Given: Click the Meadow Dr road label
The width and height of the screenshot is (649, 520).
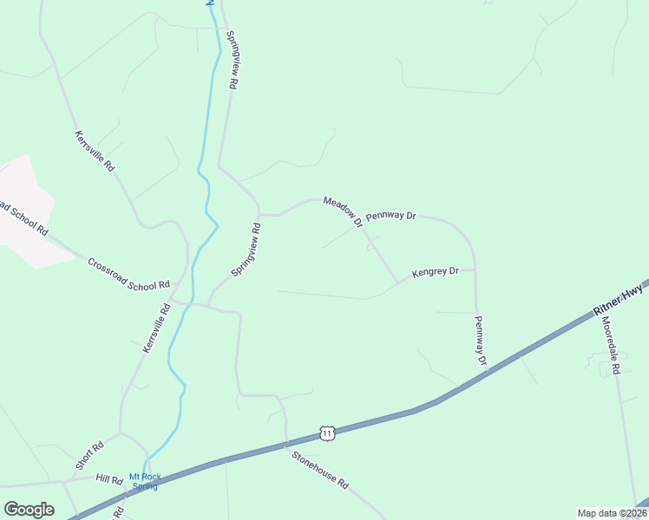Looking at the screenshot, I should coord(343,212).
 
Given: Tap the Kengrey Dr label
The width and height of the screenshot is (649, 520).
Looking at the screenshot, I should coord(436,272).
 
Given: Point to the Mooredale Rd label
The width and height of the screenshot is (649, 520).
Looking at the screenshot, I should coord(611,345).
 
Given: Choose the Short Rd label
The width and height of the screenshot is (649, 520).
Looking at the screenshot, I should coord(89,456).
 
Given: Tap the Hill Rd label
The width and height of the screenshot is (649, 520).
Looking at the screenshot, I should coord(110,479).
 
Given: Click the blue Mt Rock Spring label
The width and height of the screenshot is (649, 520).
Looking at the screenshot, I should coord(144,481).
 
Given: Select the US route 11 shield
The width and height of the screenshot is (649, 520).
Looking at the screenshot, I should coord(325,432).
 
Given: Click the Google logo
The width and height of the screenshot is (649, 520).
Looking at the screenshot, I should coord(29,510).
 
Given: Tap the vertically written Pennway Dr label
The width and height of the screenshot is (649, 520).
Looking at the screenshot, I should coord(480,339).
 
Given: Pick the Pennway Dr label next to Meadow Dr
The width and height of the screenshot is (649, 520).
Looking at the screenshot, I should coord(391,215).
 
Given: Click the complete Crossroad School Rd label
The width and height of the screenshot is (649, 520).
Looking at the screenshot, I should coord(128,274).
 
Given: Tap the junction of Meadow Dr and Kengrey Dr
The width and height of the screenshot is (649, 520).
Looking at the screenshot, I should coord(398,282).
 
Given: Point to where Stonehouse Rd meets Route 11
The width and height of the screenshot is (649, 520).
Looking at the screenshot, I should coord(287,445).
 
